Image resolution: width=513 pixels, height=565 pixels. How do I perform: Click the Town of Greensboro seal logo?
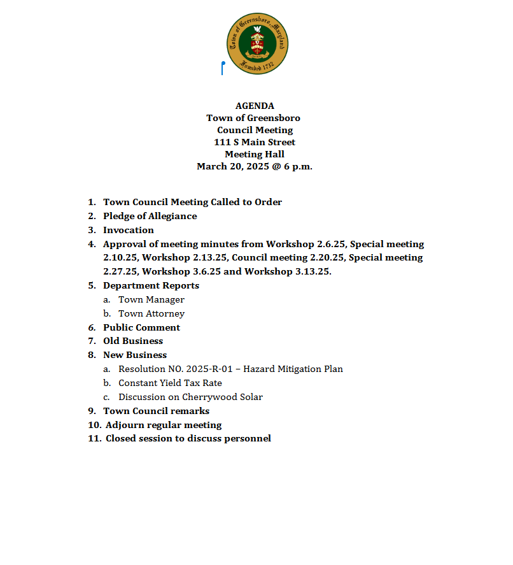click(258, 43)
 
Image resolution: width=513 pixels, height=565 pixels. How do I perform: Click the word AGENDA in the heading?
click(255, 106)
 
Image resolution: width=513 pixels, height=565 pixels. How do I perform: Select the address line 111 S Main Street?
click(255, 143)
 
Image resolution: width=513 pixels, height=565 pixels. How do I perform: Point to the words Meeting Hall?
click(255, 155)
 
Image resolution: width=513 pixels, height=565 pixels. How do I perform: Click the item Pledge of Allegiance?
click(150, 217)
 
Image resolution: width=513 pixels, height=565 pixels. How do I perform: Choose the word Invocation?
click(129, 231)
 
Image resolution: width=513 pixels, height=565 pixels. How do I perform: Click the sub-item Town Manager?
click(151, 300)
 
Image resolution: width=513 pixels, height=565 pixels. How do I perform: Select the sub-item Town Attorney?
click(151, 314)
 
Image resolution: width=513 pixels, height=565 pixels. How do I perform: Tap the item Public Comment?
click(141, 328)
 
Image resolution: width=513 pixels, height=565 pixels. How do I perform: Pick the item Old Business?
click(133, 341)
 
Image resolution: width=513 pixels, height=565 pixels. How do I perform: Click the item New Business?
click(135, 355)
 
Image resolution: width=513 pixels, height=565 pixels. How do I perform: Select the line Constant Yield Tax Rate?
click(170, 383)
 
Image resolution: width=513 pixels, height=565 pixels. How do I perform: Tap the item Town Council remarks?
click(156, 411)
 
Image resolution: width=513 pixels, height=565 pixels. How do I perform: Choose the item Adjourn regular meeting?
click(164, 426)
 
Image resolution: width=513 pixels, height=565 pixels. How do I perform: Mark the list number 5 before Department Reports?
click(92, 286)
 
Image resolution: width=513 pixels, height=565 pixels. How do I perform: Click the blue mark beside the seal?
click(222, 68)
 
